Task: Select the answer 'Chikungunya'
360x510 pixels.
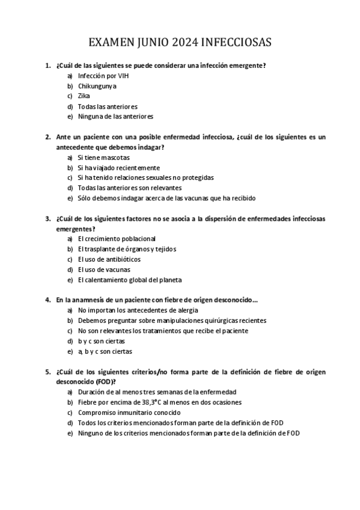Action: coord(97,85)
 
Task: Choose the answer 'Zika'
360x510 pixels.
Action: coord(84,96)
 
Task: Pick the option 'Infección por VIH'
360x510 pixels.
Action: coord(103,76)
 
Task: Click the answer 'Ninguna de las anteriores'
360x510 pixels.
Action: coord(115,116)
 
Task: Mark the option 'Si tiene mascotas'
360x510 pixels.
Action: coord(103,157)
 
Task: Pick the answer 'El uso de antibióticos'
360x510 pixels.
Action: coord(109,259)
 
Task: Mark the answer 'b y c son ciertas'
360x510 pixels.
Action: coord(101,341)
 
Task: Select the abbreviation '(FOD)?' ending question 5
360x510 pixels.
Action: coord(105,381)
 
